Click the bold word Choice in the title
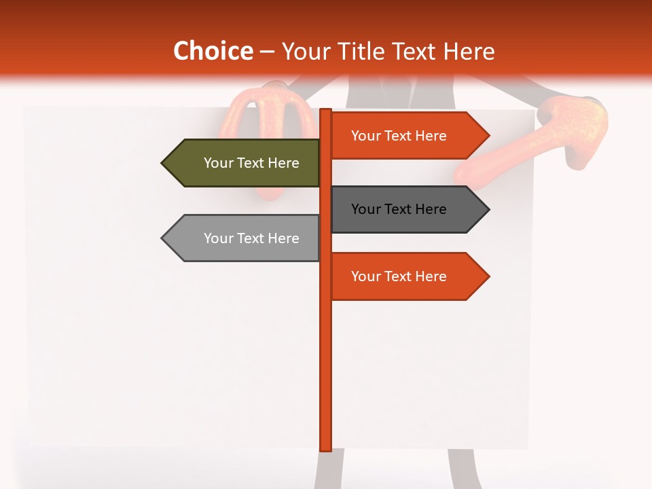pyautogui.click(x=213, y=51)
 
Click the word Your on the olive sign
pyautogui.click(x=219, y=163)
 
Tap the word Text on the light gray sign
pyautogui.click(x=251, y=238)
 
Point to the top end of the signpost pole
pyautogui.click(x=325, y=111)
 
